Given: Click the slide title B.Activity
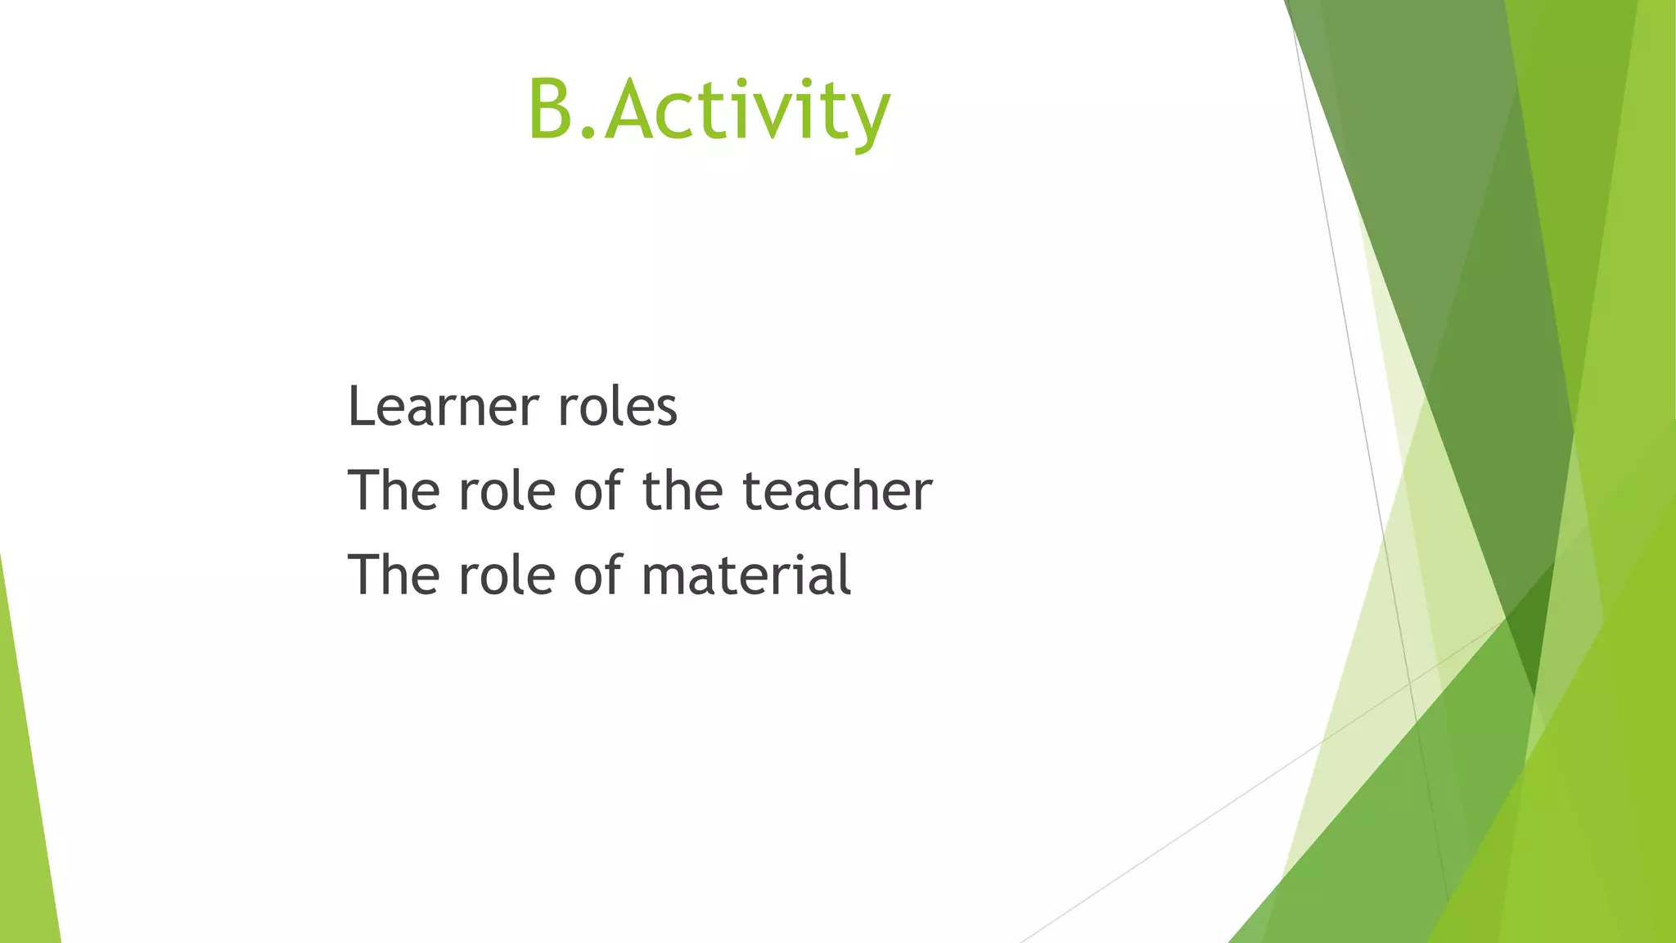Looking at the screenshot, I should [x=709, y=110].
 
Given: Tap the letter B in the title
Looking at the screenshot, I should [x=552, y=110].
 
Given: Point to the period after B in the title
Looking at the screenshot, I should [x=589, y=133].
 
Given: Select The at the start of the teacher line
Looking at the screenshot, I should [x=394, y=490].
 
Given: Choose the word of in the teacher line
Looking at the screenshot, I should [x=599, y=490].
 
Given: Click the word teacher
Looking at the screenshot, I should [x=837, y=490].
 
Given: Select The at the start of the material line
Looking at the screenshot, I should [x=394, y=575].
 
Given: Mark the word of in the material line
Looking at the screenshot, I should [x=599, y=575].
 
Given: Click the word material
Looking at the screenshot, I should [x=746, y=575].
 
